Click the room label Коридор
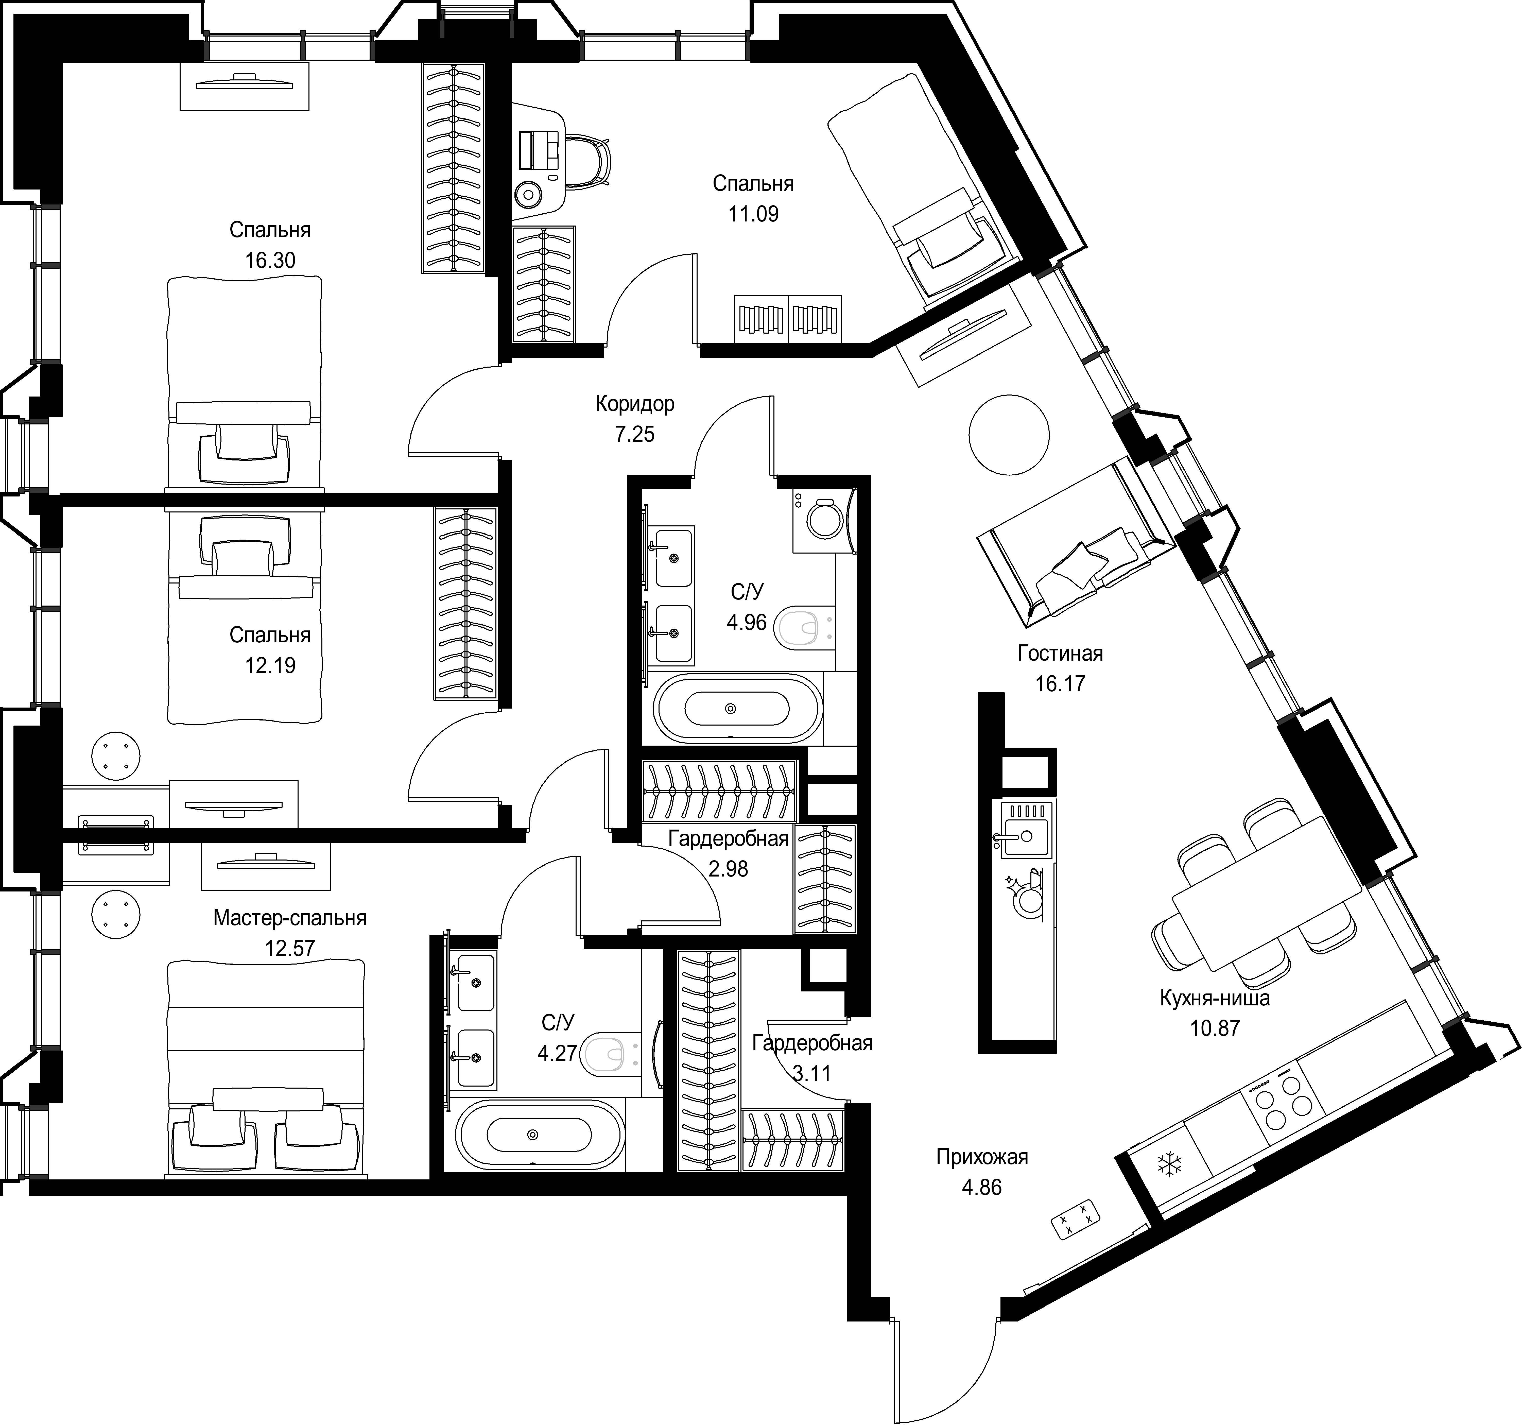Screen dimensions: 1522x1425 635,404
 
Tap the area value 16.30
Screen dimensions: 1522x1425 270,260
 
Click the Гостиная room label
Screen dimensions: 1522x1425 1060,653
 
